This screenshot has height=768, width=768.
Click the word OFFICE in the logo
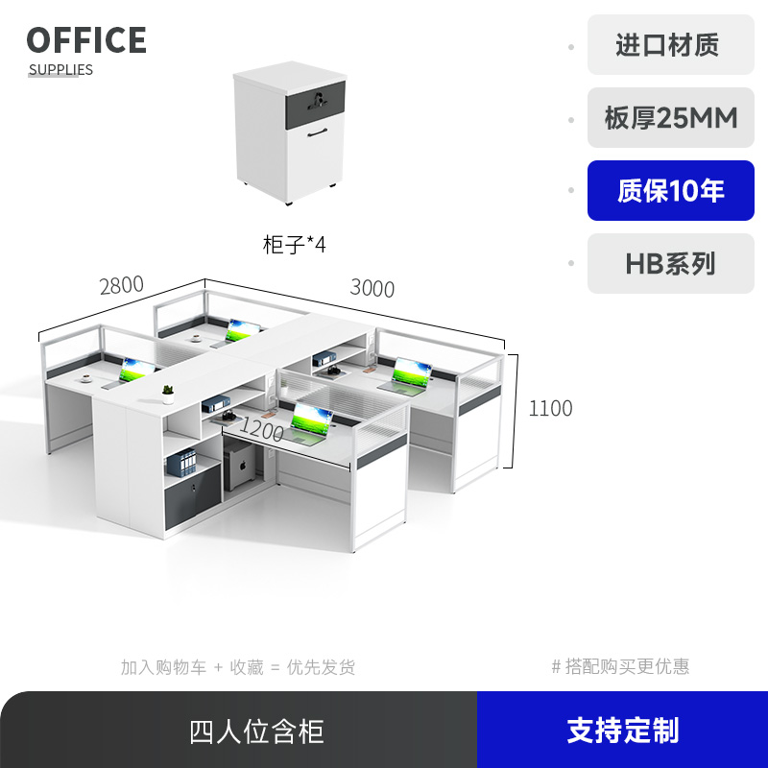(86, 40)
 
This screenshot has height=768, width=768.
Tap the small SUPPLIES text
(60, 70)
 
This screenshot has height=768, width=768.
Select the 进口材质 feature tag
(667, 45)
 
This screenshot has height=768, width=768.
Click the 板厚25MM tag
(671, 118)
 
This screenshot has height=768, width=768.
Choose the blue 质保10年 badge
(671, 191)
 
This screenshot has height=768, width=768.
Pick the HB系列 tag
(671, 264)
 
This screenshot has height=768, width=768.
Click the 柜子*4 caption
(295, 244)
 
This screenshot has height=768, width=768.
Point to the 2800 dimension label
(121, 285)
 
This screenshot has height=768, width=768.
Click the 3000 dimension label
(372, 288)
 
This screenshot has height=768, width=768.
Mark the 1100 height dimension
(550, 408)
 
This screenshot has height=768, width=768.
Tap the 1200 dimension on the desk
(262, 427)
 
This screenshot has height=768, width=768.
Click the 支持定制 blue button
(622, 731)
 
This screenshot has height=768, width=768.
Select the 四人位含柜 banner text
(256, 732)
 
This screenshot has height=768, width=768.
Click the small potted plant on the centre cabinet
(168, 390)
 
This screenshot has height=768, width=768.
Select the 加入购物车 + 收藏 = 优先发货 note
(238, 667)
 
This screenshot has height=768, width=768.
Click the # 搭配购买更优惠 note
(620, 666)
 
